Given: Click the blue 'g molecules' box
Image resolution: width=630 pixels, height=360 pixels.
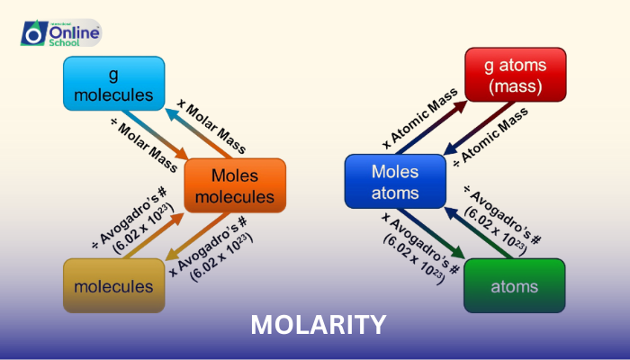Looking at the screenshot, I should pyautogui.click(x=113, y=83).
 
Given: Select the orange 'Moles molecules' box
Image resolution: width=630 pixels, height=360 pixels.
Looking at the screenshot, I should pyautogui.click(x=235, y=185).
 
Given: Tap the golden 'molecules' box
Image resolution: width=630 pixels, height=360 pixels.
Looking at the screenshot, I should pyautogui.click(x=113, y=286).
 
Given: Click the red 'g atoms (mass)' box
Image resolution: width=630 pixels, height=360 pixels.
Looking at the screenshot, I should pyautogui.click(x=515, y=75).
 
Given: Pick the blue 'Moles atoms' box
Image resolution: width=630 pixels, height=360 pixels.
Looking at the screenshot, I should pyautogui.click(x=395, y=181).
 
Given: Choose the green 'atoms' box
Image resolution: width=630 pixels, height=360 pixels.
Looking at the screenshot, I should pyautogui.click(x=514, y=286).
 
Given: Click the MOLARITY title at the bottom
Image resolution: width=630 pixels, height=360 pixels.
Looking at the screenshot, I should pyautogui.click(x=319, y=324).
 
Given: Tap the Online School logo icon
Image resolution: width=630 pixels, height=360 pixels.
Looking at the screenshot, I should pyautogui.click(x=33, y=33).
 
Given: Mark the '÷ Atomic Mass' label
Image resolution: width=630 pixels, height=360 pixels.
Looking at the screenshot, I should pyautogui.click(x=490, y=136).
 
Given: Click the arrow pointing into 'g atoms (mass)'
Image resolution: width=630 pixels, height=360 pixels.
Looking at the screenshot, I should pyautogui.click(x=440, y=113).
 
